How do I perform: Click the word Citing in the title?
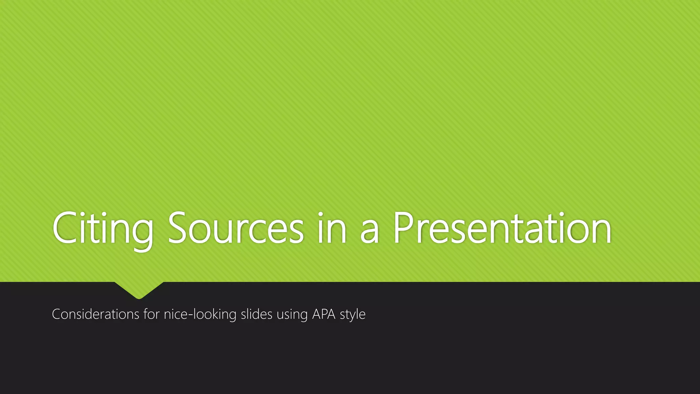point(103,228)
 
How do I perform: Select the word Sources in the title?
point(236,228)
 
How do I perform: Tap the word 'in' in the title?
point(332,228)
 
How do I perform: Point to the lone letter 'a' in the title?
point(369,233)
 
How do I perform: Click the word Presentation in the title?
point(502,228)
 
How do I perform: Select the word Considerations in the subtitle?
point(95,314)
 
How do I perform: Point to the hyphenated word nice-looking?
point(200,314)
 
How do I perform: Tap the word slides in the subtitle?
point(256,314)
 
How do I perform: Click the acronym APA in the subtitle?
point(324,314)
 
